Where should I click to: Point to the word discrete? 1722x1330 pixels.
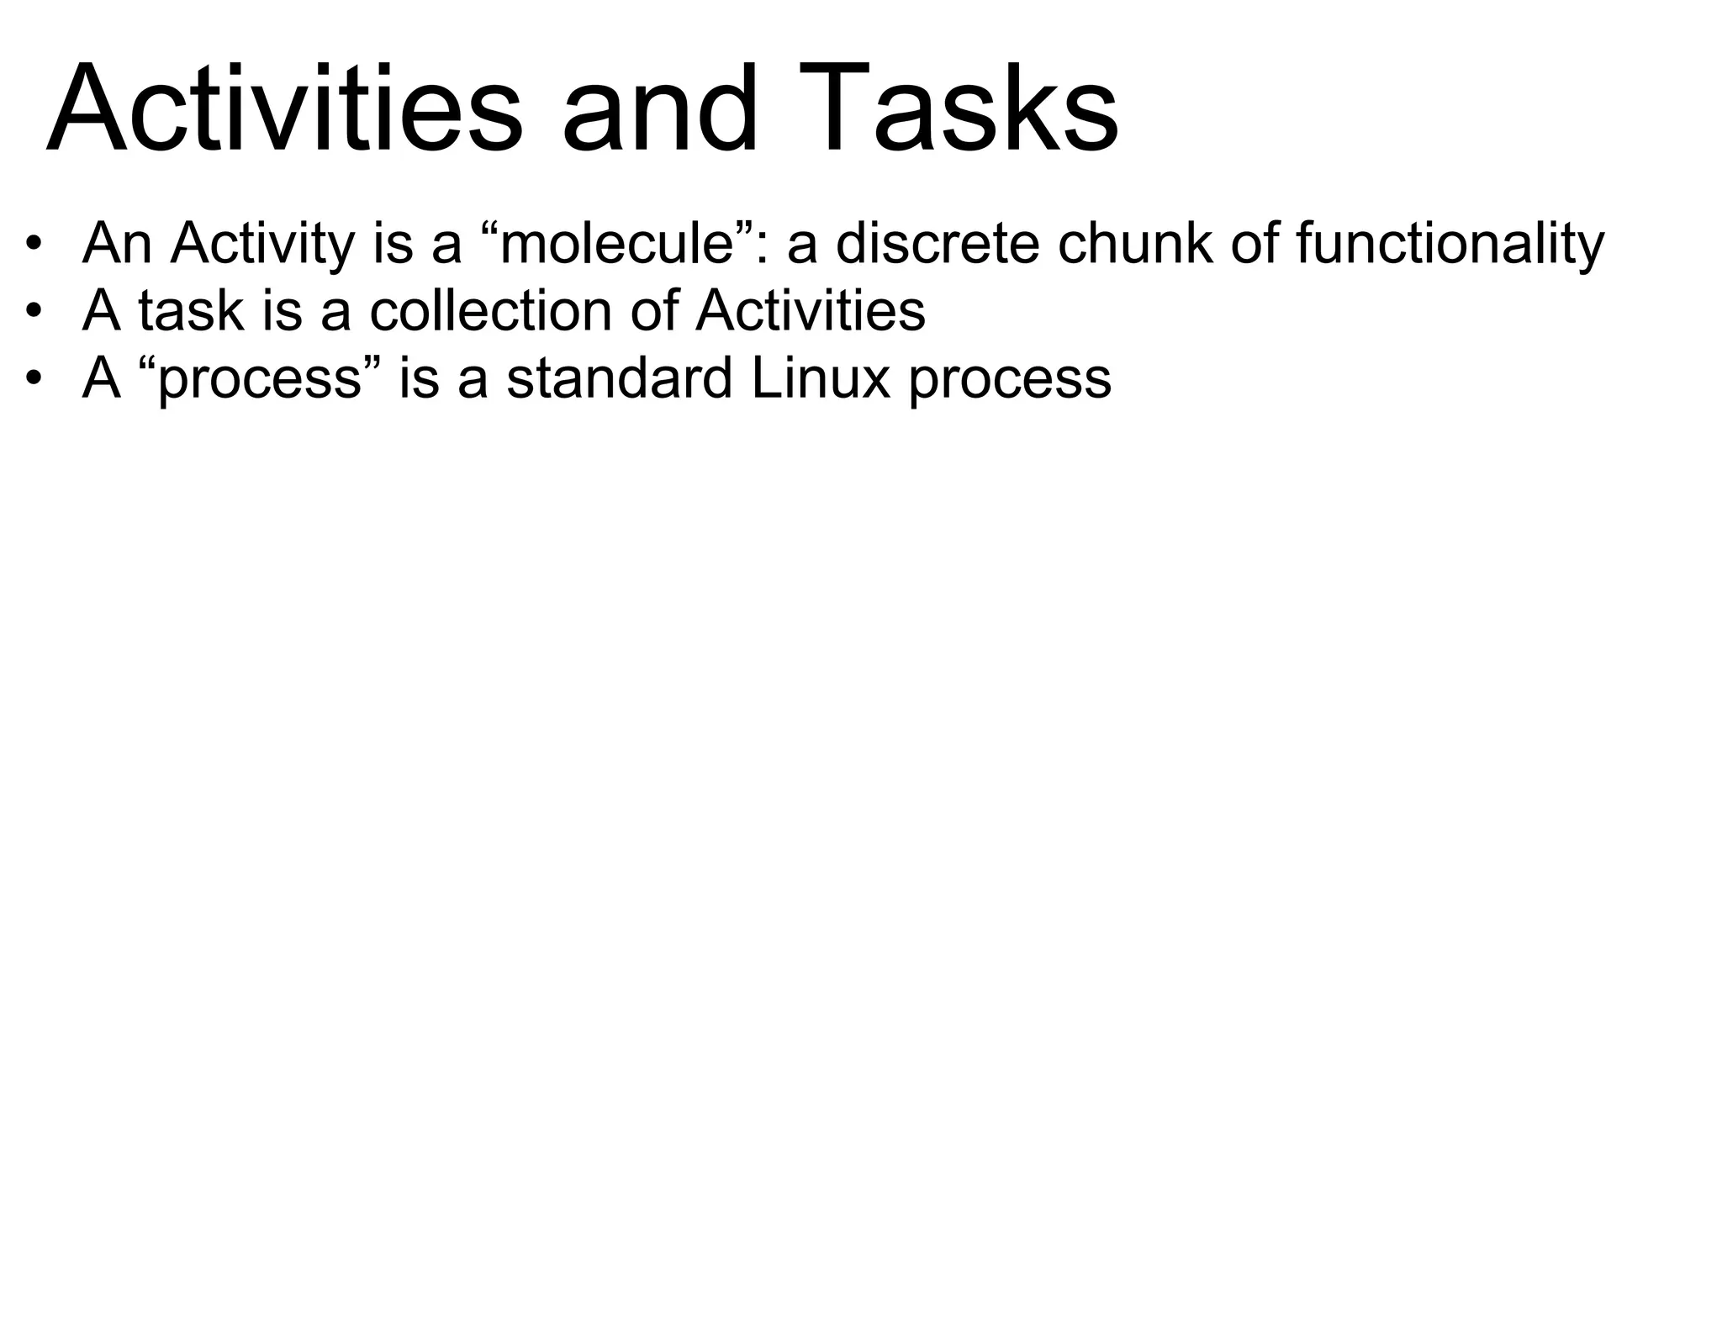pyautogui.click(x=938, y=243)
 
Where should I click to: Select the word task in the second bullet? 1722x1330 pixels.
pyautogui.click(x=190, y=311)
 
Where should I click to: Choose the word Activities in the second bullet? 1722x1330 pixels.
pyautogui.click(x=811, y=311)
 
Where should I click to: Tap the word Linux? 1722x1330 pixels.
pyautogui.click(x=820, y=378)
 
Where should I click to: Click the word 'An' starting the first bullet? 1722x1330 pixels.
pyautogui.click(x=116, y=244)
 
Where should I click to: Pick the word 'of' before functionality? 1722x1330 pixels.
pyautogui.click(x=1253, y=243)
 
